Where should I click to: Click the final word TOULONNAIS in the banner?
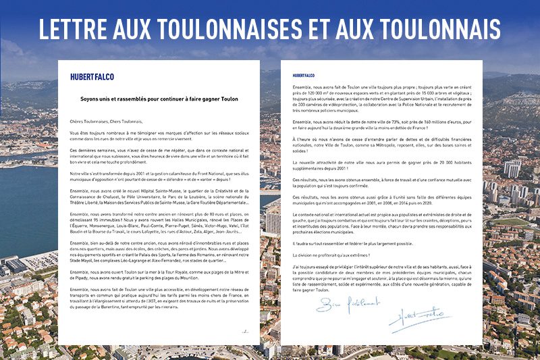(433, 29)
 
